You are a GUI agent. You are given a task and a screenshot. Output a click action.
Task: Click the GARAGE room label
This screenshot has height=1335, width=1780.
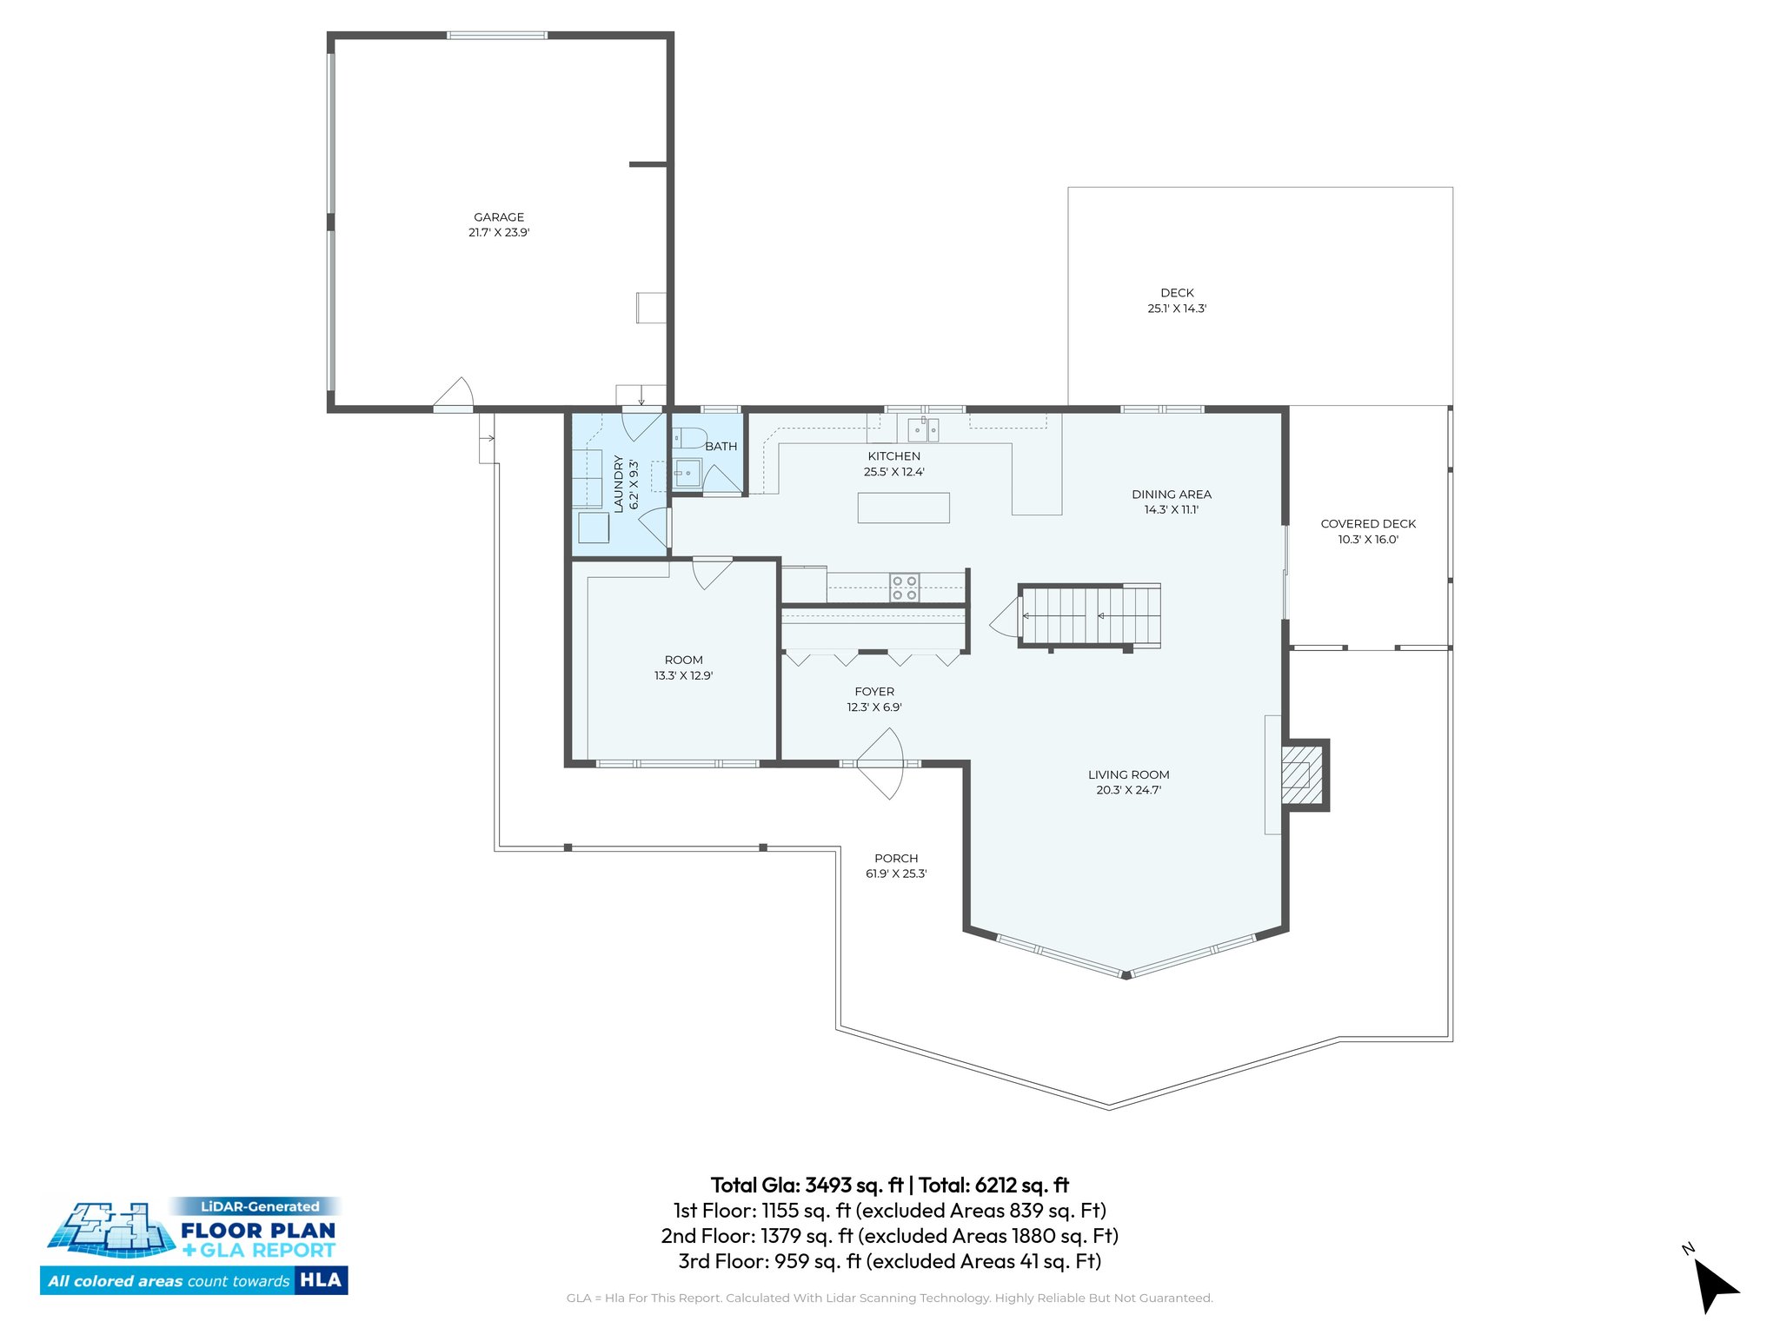499,217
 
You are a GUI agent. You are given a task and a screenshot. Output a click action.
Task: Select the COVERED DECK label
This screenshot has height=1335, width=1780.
1368,524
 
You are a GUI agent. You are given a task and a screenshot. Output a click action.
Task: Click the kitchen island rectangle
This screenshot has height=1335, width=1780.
903,508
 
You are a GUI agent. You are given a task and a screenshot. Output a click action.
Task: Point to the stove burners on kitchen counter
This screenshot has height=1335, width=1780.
904,588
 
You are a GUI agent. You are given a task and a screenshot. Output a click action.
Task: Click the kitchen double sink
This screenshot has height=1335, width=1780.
923,429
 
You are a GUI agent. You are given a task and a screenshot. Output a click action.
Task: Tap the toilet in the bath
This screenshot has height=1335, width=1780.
687,437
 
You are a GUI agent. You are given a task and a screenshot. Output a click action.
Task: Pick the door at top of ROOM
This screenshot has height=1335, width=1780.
711,572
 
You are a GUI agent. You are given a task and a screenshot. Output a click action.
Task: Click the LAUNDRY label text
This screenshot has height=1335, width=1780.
619,484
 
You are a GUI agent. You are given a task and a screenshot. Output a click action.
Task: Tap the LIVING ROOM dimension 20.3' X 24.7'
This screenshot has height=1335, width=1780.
1128,790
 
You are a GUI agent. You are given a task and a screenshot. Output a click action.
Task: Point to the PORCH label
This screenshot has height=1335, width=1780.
896,859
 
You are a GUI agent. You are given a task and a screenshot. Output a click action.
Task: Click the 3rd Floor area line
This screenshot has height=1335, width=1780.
889,1261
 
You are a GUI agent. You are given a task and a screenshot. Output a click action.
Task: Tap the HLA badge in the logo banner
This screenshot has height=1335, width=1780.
321,1280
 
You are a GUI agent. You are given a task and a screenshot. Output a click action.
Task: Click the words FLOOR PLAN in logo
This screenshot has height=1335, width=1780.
258,1231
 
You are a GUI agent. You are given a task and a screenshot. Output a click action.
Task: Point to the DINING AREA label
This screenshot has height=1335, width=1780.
1171,495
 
